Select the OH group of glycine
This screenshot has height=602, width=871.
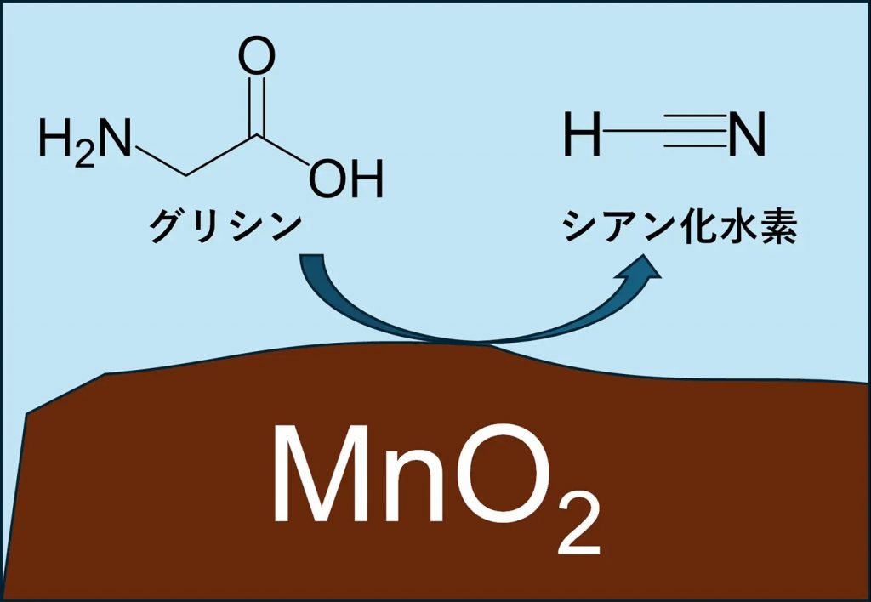point(345,179)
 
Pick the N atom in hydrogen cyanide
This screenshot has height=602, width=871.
point(748,135)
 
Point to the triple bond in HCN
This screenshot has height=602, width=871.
point(696,135)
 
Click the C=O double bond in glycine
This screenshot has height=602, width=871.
point(256,106)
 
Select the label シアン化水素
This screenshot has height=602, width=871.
point(678,227)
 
